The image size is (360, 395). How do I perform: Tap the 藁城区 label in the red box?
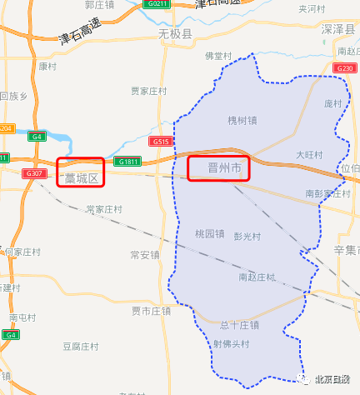pos(81,177)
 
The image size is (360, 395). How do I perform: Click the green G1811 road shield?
pos(127,162)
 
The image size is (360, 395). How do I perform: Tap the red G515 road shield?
pos(161,142)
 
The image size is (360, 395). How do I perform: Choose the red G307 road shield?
pos(34,172)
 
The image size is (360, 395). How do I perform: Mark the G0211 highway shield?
pos(156,4)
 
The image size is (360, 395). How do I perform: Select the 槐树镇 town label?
pos(242,121)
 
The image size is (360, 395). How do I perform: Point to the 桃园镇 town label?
pos(209,233)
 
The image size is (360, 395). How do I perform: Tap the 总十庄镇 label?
pos(240,325)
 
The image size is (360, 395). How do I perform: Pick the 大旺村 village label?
pos(308,155)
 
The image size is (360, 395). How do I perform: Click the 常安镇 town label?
pos(145,254)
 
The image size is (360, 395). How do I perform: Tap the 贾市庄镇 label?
pos(150,311)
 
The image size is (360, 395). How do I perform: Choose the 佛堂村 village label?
pos(217,56)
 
